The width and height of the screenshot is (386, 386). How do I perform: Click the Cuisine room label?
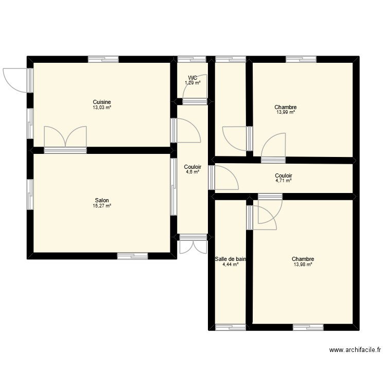(x=101, y=102)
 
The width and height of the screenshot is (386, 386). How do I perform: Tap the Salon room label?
(x=101, y=200)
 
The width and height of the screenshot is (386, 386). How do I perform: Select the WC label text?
(x=192, y=78)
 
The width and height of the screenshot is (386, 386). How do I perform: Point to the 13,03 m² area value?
(x=101, y=108)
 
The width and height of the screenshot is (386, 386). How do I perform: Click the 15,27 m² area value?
(x=101, y=206)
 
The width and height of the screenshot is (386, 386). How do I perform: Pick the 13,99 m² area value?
(x=286, y=113)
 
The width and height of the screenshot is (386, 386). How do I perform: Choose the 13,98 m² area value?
(x=303, y=265)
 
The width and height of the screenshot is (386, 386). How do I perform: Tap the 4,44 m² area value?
(x=230, y=265)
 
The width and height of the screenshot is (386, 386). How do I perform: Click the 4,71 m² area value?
(x=284, y=181)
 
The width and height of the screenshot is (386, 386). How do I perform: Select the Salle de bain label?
(x=230, y=259)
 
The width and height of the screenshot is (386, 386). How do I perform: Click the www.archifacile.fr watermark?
(x=355, y=350)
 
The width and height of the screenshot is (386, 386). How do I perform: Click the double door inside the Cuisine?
(x=65, y=138)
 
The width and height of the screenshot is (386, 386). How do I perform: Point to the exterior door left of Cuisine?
(x=14, y=80)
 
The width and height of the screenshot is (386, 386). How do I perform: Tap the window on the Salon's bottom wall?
(x=133, y=255)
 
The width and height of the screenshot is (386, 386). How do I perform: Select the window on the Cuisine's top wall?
(x=103, y=59)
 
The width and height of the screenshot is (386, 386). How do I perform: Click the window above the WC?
(x=192, y=59)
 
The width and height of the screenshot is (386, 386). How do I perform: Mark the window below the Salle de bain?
(x=230, y=327)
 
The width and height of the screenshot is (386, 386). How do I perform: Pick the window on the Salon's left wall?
(x=30, y=195)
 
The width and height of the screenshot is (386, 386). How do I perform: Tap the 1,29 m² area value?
(x=192, y=83)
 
